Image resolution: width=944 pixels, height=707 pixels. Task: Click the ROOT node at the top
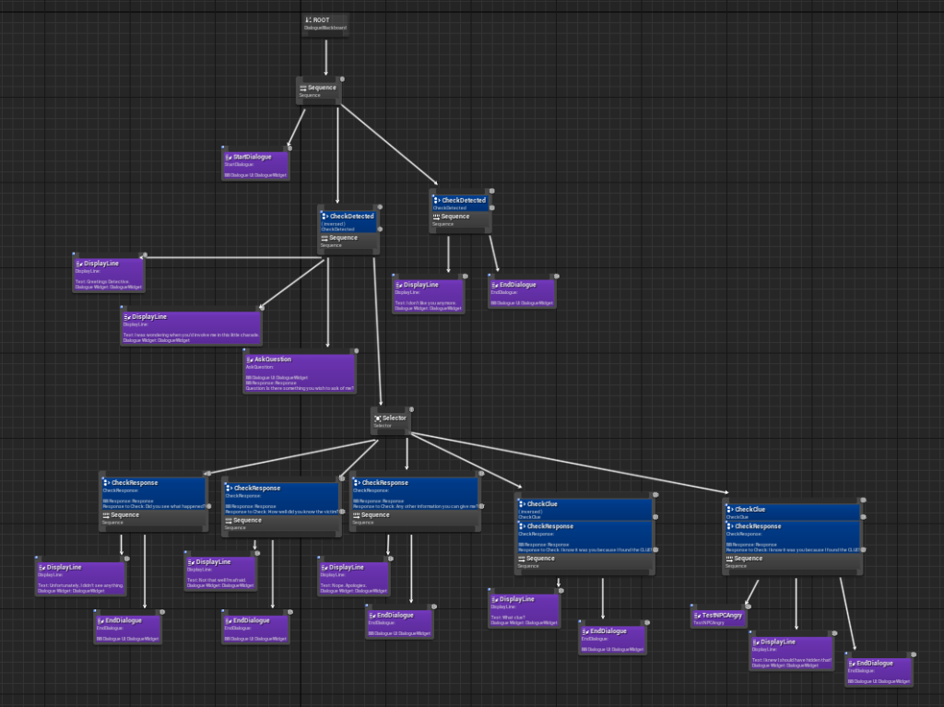coord(324,25)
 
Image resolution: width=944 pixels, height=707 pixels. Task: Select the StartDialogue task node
coord(255,163)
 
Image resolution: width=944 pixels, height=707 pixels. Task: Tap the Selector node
coord(391,420)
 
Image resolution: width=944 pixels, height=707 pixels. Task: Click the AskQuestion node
coord(300,372)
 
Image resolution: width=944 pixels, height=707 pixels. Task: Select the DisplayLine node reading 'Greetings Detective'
coord(110,274)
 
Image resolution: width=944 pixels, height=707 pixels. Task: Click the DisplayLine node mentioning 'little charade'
coord(191,327)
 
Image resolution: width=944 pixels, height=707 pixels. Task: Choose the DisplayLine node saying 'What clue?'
coord(524,609)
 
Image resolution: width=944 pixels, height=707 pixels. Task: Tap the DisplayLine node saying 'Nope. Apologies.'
coord(354,577)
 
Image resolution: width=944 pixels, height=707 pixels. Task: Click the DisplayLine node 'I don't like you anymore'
coord(428,294)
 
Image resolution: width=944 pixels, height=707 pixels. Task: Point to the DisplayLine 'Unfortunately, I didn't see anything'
coord(80,577)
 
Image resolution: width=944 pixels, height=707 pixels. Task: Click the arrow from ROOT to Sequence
coord(325,57)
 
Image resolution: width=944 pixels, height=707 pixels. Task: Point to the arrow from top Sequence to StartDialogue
coord(296,126)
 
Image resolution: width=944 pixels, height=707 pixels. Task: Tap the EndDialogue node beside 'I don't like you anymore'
coord(522,291)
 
